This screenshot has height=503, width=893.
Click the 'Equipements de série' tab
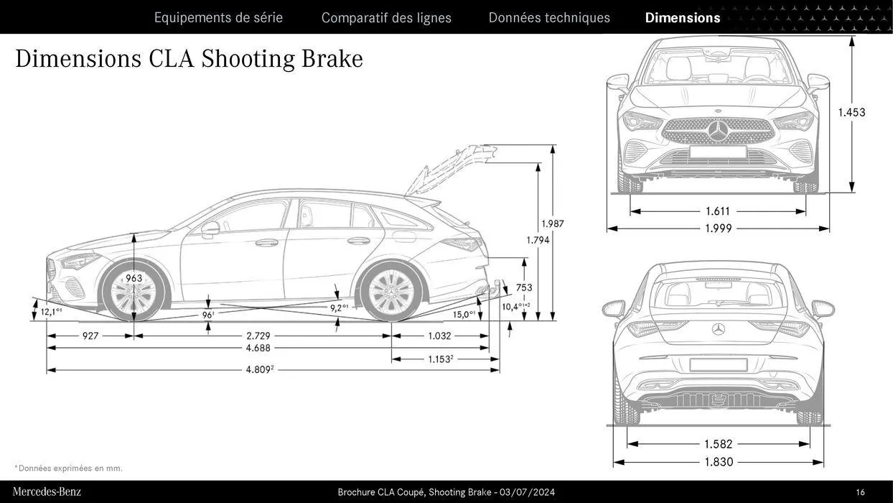pos(218,17)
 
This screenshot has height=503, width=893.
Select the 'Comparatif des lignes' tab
pos(386,17)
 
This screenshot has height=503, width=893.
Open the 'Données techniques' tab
pos(549,17)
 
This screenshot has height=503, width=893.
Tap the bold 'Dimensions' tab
pos(682,17)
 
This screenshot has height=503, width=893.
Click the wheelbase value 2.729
pos(258,336)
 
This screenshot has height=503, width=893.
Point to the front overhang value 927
pos(90,336)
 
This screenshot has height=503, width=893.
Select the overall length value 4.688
pos(258,348)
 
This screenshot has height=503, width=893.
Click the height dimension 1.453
pos(851,112)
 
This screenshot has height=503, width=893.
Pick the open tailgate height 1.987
pos(553,223)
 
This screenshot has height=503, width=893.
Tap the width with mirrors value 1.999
pos(719,229)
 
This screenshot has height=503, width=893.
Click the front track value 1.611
pos(718,211)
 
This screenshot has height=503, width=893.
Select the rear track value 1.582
pos(719,444)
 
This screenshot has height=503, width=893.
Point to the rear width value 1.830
pos(719,462)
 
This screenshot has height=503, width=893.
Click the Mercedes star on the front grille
pos(719,131)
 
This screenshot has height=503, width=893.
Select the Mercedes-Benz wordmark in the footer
pos(47,492)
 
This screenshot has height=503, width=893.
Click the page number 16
pos(860,492)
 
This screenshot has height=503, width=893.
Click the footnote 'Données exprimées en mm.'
pos(70,469)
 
